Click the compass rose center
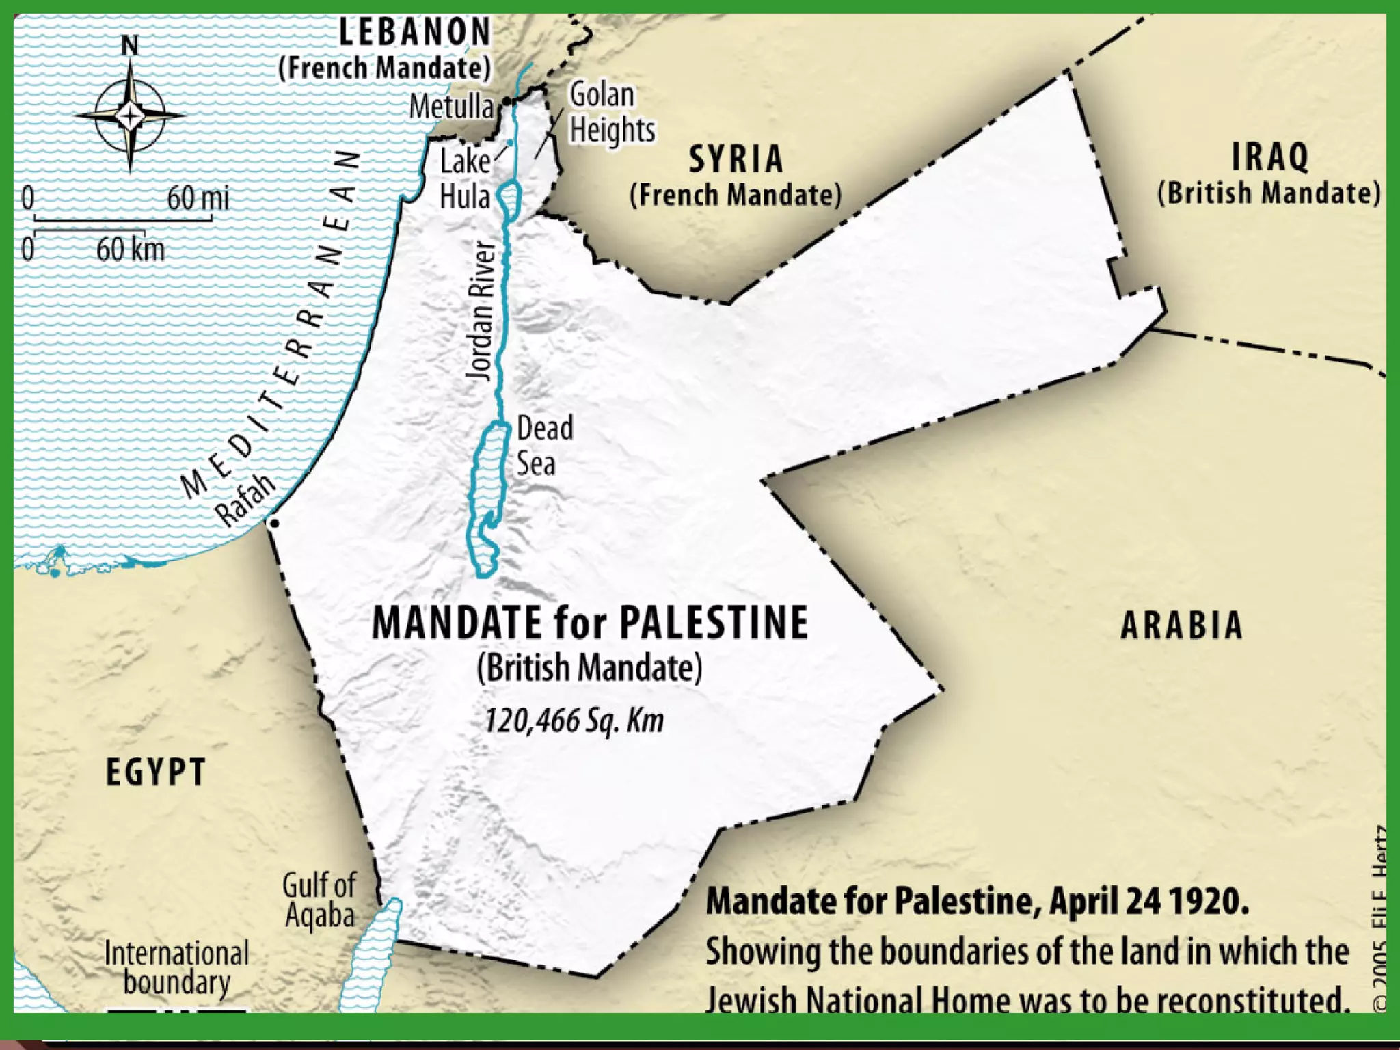(130, 115)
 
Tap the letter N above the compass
(129, 46)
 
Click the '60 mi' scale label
(198, 199)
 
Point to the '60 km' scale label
(130, 250)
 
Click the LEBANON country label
(415, 32)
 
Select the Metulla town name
(450, 107)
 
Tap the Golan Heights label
(610, 112)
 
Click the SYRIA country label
(736, 159)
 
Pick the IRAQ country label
(1269, 157)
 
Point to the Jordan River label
(481, 311)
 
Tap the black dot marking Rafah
(275, 524)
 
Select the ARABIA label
(1181, 625)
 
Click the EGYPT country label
(156, 773)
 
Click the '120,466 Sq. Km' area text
(574, 721)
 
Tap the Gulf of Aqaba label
(319, 900)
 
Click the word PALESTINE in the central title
(714, 623)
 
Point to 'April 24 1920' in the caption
(1148, 901)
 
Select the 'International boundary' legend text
(176, 967)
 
